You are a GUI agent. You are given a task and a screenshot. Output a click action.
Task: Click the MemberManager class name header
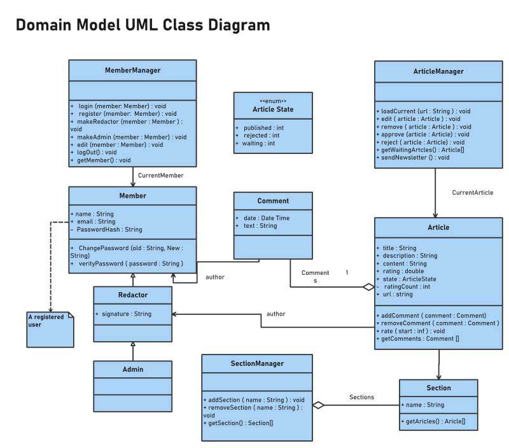[132, 70]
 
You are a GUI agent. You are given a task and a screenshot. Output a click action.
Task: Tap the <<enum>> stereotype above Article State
[273, 101]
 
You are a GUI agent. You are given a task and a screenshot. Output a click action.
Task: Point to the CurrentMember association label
[161, 175]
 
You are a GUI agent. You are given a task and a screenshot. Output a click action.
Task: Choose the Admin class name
[132, 369]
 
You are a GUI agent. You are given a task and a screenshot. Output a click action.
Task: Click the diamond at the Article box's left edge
[368, 287]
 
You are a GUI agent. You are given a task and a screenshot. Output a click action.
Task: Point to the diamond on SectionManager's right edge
[319, 405]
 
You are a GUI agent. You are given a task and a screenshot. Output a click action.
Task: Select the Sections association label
[361, 397]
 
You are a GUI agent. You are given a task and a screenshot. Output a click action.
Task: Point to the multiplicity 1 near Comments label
[347, 272]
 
